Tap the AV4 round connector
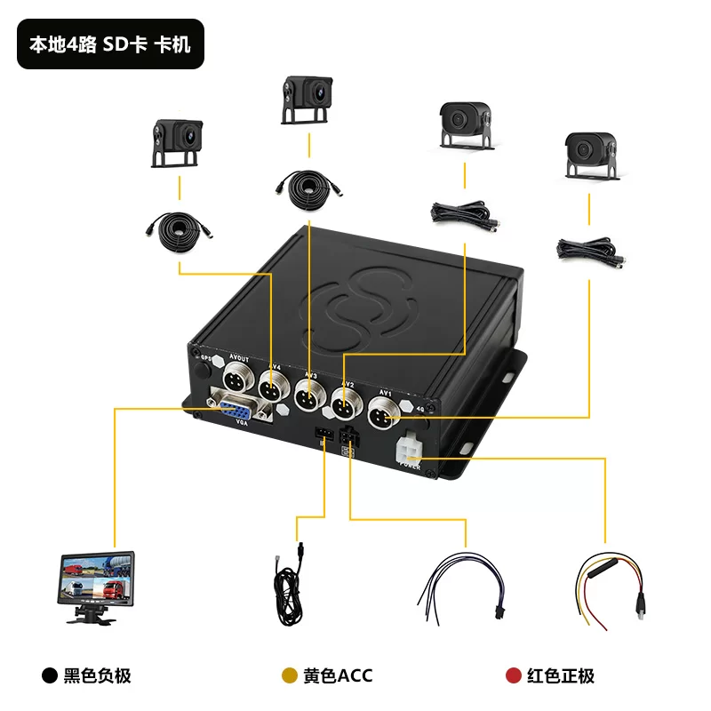point(272,388)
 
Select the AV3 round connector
point(308,395)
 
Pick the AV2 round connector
point(345,405)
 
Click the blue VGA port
point(236,411)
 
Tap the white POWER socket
point(411,449)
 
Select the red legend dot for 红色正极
point(513,676)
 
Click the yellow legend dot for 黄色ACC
point(289,676)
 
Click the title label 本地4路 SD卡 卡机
point(111,44)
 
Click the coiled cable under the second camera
point(308,187)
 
